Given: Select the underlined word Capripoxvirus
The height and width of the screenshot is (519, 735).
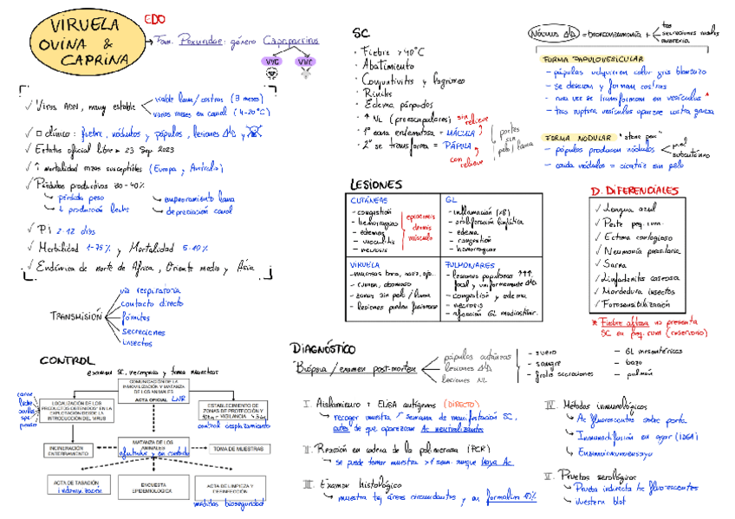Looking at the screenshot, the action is (x=289, y=41).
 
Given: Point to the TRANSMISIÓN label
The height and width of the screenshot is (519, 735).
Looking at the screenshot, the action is (x=75, y=315).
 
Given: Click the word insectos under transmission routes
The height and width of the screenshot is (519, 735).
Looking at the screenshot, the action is (x=138, y=342).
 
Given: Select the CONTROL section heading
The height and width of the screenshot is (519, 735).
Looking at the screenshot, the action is (x=67, y=360).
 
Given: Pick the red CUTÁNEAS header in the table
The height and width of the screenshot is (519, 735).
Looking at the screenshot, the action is (x=367, y=199).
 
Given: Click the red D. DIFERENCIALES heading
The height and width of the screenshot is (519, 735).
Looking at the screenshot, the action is (x=640, y=190).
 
